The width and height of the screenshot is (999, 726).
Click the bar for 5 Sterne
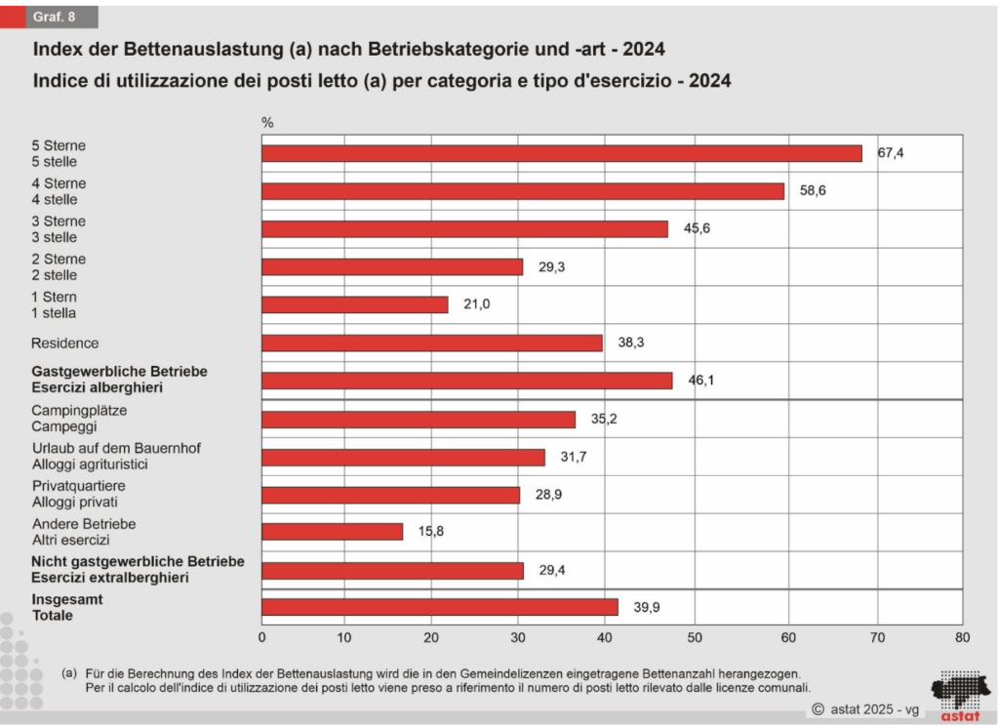coord(562,153)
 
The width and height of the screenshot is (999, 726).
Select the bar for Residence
coord(432,343)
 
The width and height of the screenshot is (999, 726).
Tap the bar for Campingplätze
coord(419,419)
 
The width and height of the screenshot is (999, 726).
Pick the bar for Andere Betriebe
coord(333,532)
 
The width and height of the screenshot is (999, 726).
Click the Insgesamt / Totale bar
coord(440,607)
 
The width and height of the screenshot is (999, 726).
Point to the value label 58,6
coord(813,191)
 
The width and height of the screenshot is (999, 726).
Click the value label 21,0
coord(476,304)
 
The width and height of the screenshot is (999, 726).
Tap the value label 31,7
coord(576,457)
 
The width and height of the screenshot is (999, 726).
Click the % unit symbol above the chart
coord(267,123)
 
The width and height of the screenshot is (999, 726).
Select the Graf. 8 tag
coord(55,17)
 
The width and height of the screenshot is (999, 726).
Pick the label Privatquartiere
coord(78,486)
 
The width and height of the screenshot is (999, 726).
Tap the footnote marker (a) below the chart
coord(68,672)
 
